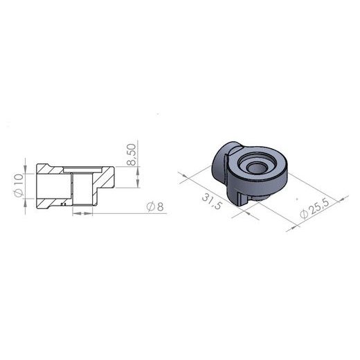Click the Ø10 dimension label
click(19, 186)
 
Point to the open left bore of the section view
click(48, 185)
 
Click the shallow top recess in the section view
click(82, 168)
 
